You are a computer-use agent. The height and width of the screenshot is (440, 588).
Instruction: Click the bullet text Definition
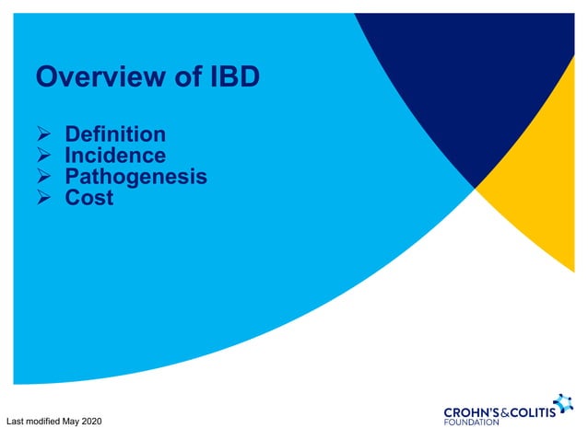115,135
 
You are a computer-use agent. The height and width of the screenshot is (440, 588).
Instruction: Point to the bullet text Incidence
115,156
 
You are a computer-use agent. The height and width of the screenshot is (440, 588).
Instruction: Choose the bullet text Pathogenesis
135,176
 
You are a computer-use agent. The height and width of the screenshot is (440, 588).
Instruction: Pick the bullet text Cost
89,197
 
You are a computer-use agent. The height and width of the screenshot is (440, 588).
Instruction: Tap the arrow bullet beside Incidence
43,156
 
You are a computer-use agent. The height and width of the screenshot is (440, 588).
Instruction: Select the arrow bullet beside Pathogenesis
43,177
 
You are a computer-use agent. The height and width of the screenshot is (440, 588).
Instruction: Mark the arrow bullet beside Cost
43,198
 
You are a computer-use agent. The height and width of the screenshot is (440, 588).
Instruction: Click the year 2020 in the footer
90,422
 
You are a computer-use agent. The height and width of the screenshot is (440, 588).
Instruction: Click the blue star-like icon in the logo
562,402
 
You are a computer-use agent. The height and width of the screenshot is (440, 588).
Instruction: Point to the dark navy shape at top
461,74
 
